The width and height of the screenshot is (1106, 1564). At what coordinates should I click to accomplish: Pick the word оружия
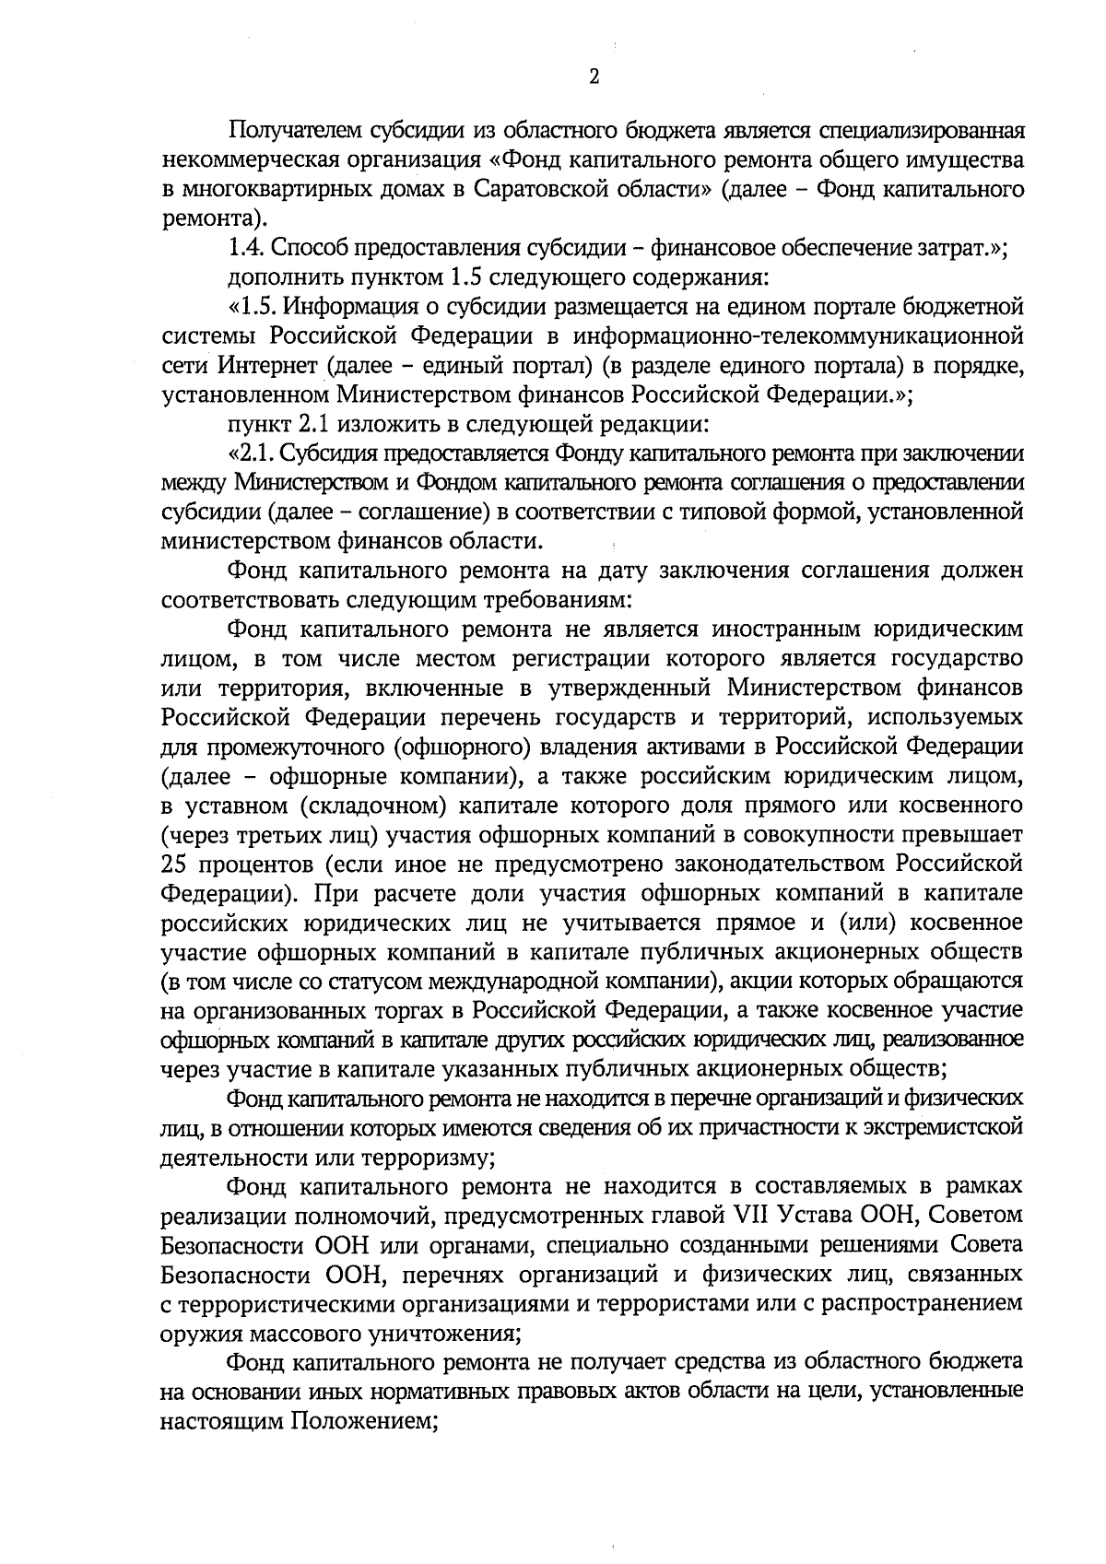[196, 1332]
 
